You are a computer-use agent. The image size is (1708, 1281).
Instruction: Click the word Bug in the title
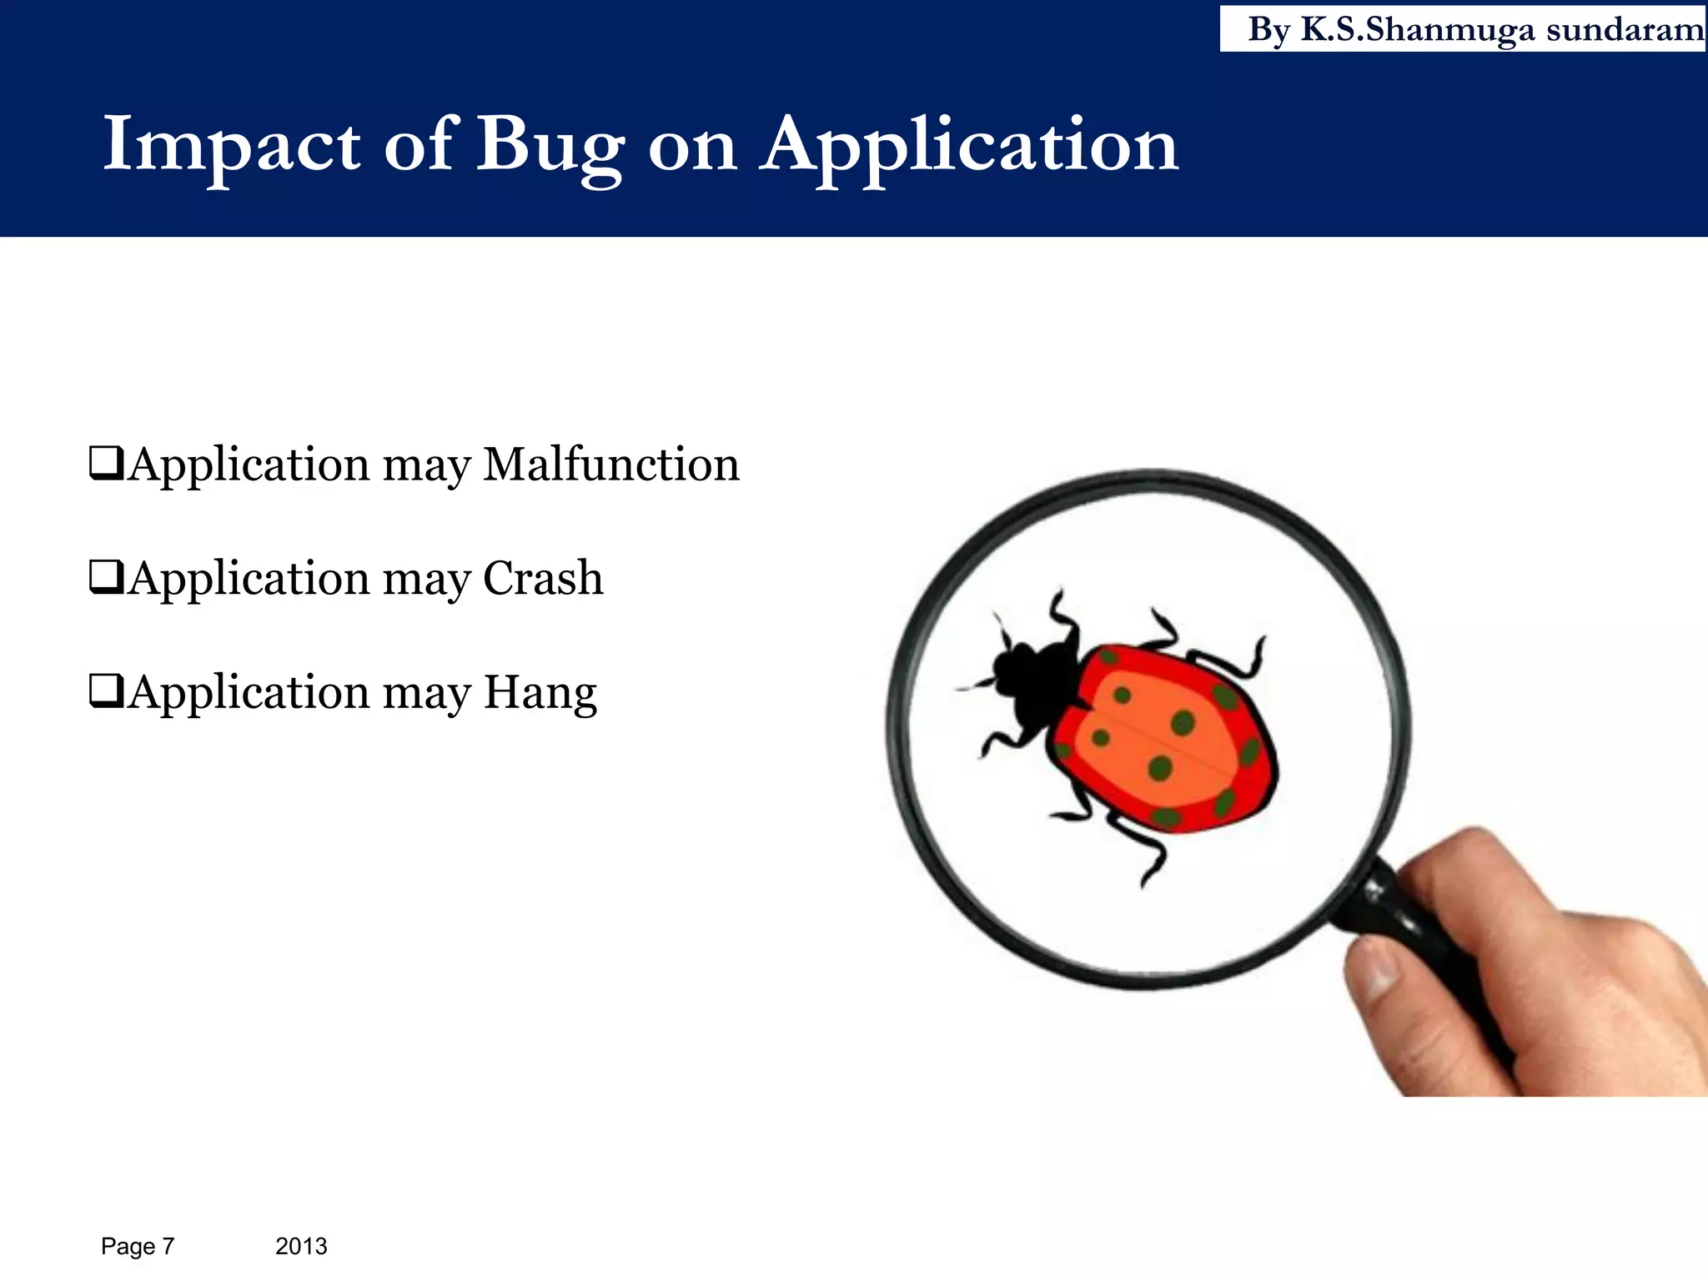[550, 147]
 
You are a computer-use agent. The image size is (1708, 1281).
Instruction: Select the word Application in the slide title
[968, 147]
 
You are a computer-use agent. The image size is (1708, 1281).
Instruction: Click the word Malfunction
[611, 465]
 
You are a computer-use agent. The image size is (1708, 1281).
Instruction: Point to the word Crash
[543, 578]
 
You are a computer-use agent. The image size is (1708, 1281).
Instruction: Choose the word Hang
[540, 693]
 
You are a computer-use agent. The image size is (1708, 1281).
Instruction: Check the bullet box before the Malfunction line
[106, 464]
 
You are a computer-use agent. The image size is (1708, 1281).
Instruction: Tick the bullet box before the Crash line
[106, 577]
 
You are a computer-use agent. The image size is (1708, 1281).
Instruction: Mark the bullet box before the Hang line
[106, 691]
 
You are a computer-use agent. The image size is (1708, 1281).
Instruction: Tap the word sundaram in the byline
[1625, 30]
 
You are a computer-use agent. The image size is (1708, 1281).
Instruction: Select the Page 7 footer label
[138, 1246]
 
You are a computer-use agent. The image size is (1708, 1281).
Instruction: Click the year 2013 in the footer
[301, 1246]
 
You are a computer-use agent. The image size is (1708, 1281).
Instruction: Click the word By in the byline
[1268, 30]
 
